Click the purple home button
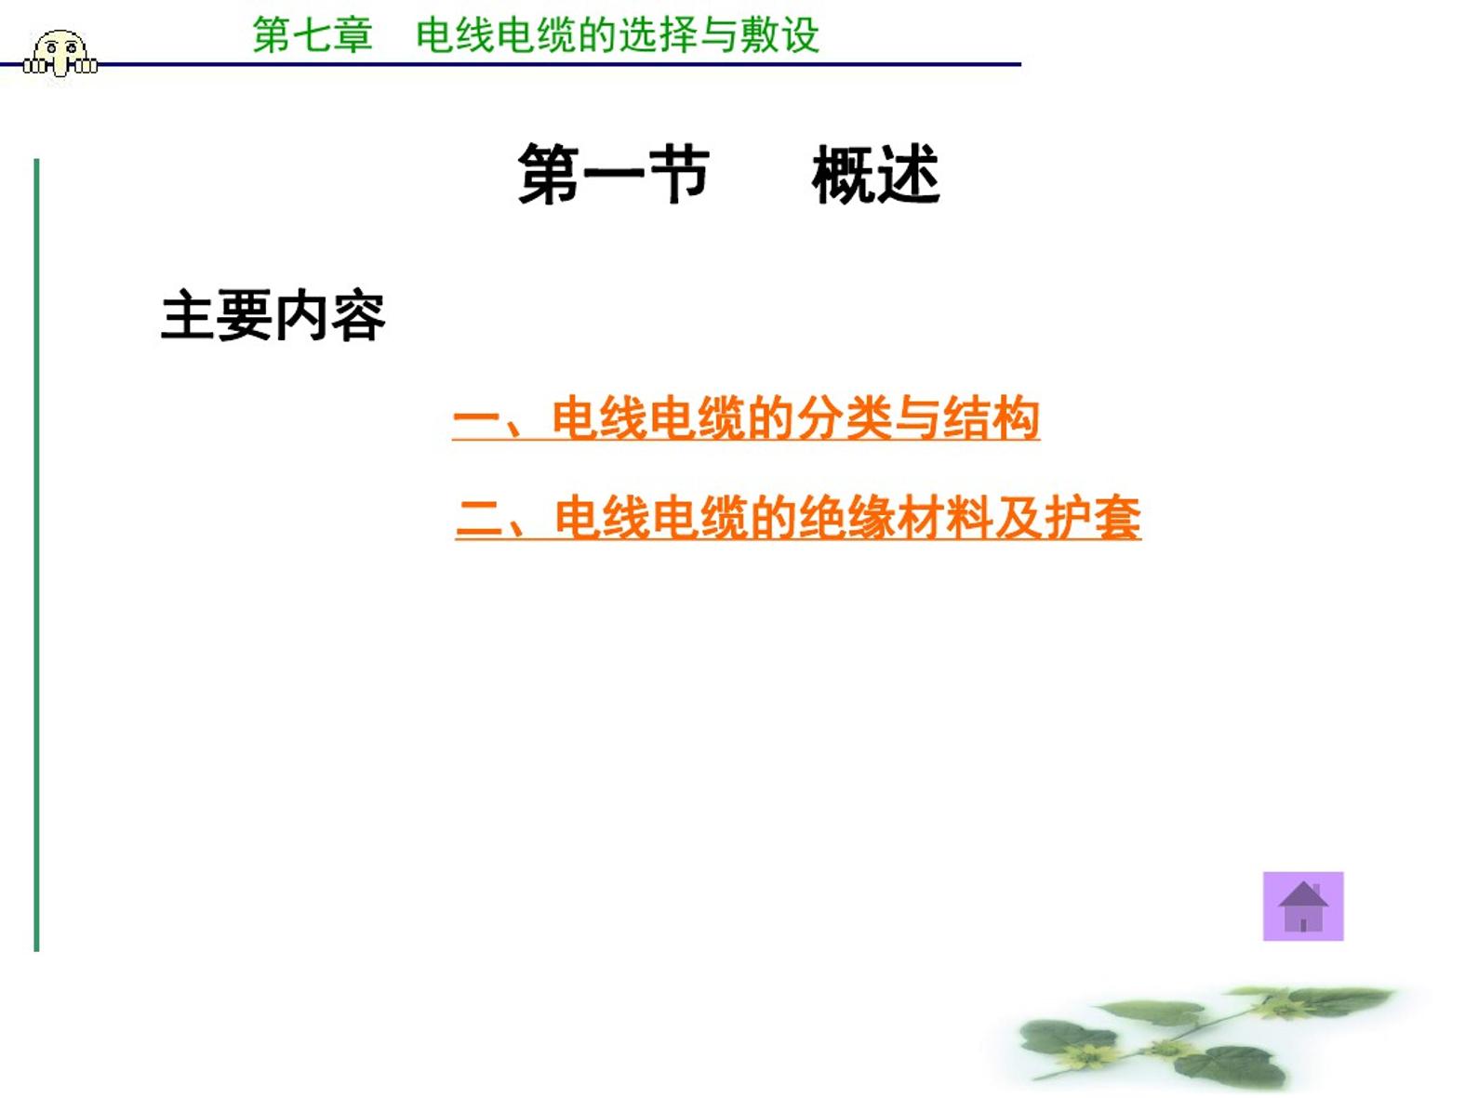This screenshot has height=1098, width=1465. click(1302, 906)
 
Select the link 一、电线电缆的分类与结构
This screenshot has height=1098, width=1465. click(745, 418)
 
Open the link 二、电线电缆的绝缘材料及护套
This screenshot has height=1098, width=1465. click(797, 517)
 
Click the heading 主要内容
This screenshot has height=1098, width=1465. click(273, 315)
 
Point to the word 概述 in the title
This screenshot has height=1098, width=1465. click(875, 175)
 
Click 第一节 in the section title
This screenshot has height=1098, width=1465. click(613, 175)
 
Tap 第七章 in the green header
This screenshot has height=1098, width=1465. click(313, 34)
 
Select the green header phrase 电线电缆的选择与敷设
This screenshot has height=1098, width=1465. click(618, 34)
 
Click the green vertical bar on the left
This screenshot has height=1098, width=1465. click(36, 554)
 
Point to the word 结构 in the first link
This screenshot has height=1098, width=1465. click(992, 418)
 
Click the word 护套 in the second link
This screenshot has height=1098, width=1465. click(1093, 517)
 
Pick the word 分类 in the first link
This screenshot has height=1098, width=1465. click(845, 418)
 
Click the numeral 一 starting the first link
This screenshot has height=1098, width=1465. click(476, 420)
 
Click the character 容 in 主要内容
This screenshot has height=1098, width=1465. click(358, 315)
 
